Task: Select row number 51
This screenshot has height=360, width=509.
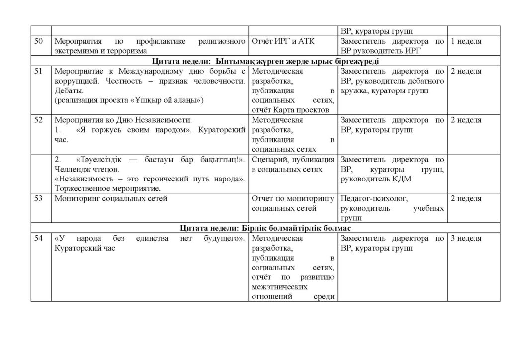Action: [38, 72]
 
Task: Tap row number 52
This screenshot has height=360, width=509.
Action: [38, 120]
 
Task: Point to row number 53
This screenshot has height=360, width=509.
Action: [38, 199]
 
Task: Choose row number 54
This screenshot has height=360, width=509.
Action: [38, 239]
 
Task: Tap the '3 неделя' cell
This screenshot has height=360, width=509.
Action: [466, 239]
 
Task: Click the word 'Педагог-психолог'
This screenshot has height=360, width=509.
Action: [374, 199]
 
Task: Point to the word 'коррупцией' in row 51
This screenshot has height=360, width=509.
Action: [74, 82]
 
